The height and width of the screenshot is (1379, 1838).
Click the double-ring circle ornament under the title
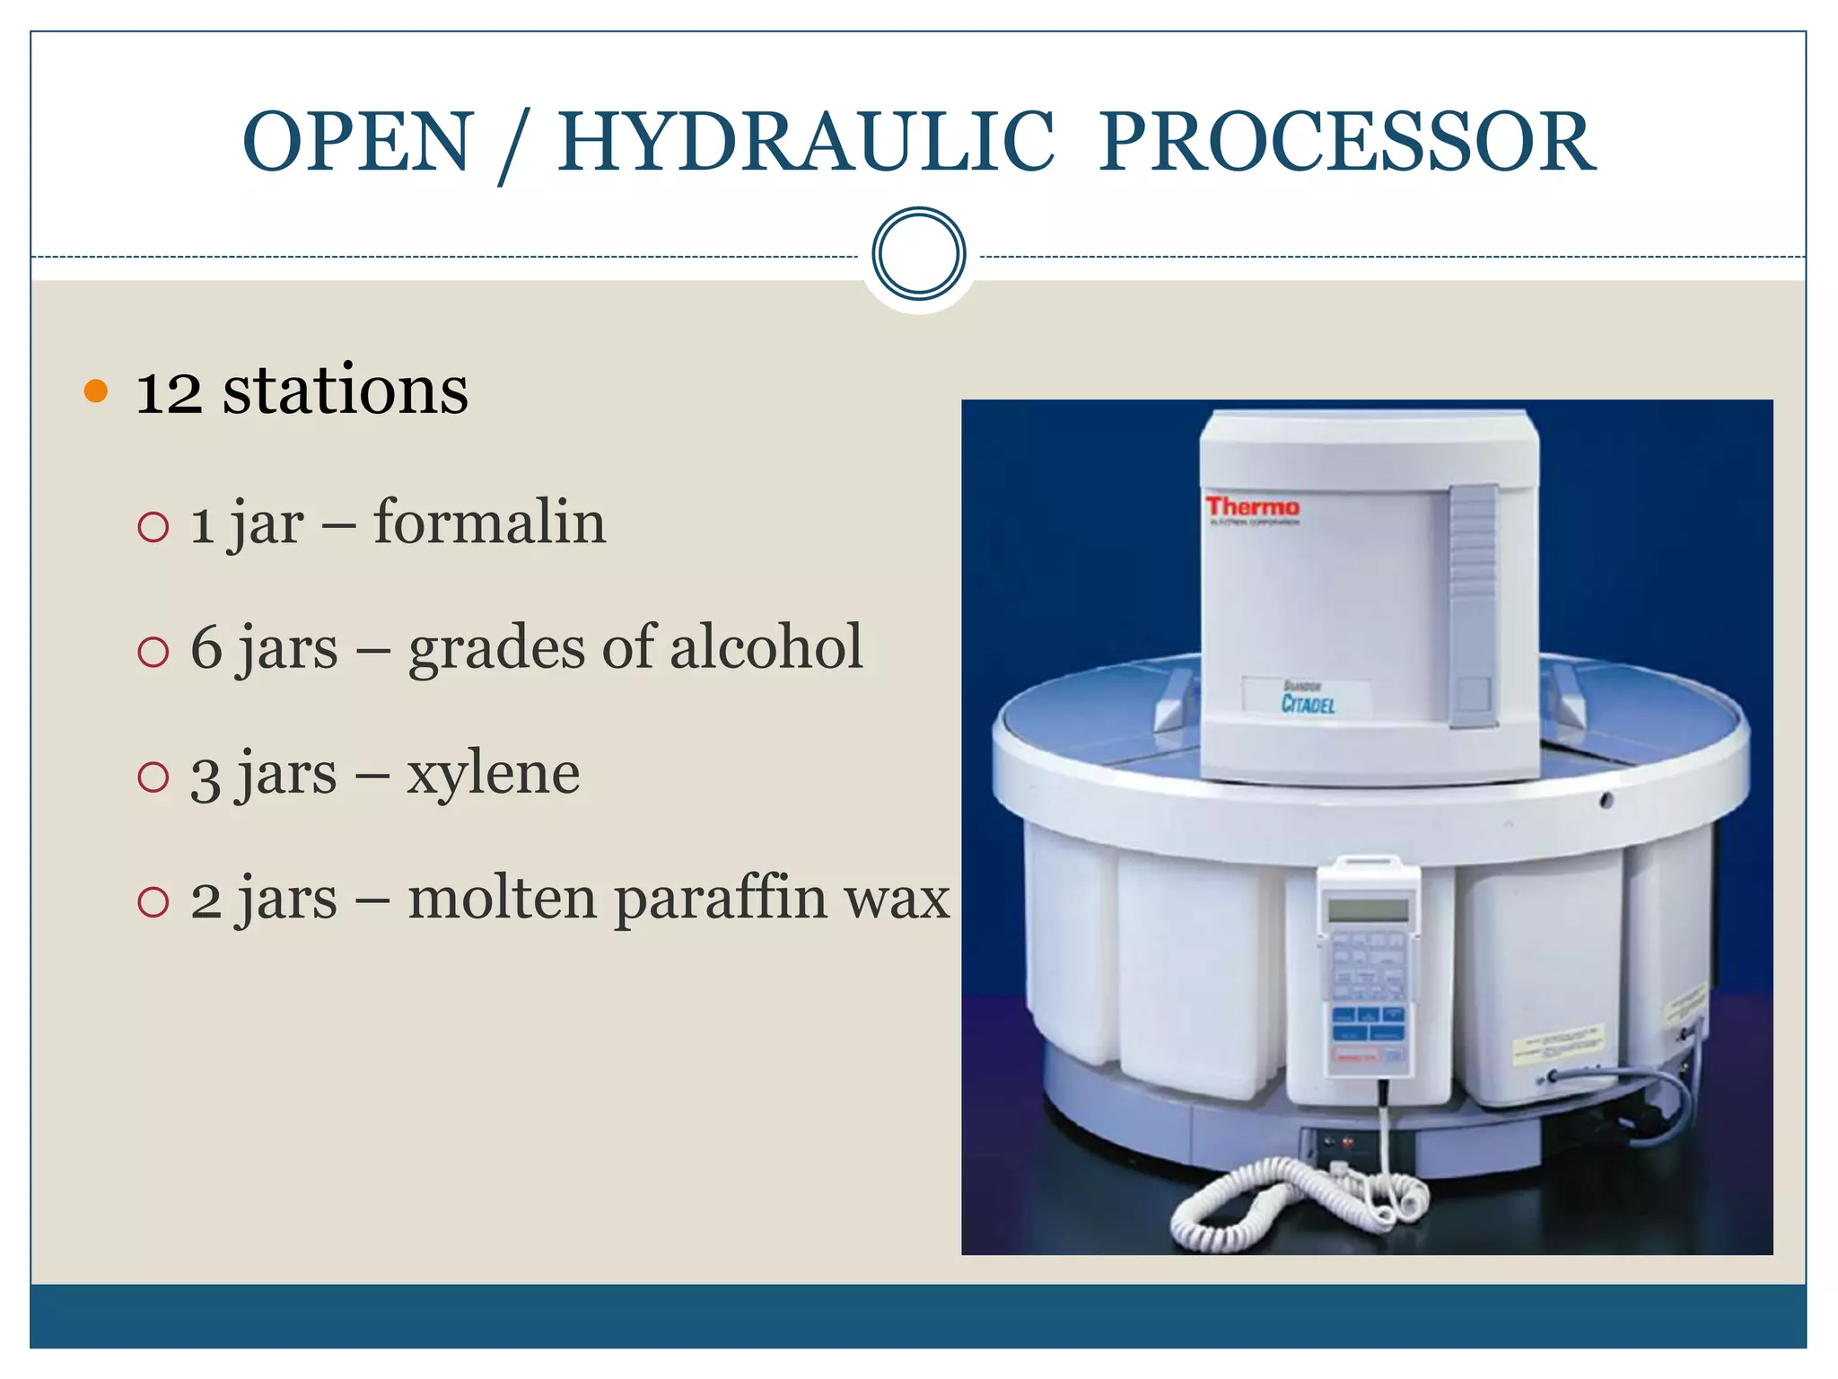(918, 254)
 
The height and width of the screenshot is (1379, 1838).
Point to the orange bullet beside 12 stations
(95, 391)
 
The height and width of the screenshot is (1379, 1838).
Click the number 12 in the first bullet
(169, 392)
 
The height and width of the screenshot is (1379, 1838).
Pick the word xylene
(493, 774)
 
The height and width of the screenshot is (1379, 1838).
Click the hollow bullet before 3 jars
(153, 777)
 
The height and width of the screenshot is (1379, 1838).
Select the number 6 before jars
(206, 647)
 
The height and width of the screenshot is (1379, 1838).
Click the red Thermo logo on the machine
(1251, 507)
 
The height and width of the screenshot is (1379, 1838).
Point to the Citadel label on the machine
(1307, 703)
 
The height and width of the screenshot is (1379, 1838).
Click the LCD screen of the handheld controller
(1368, 909)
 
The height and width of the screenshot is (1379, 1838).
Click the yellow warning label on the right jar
(1556, 1045)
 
